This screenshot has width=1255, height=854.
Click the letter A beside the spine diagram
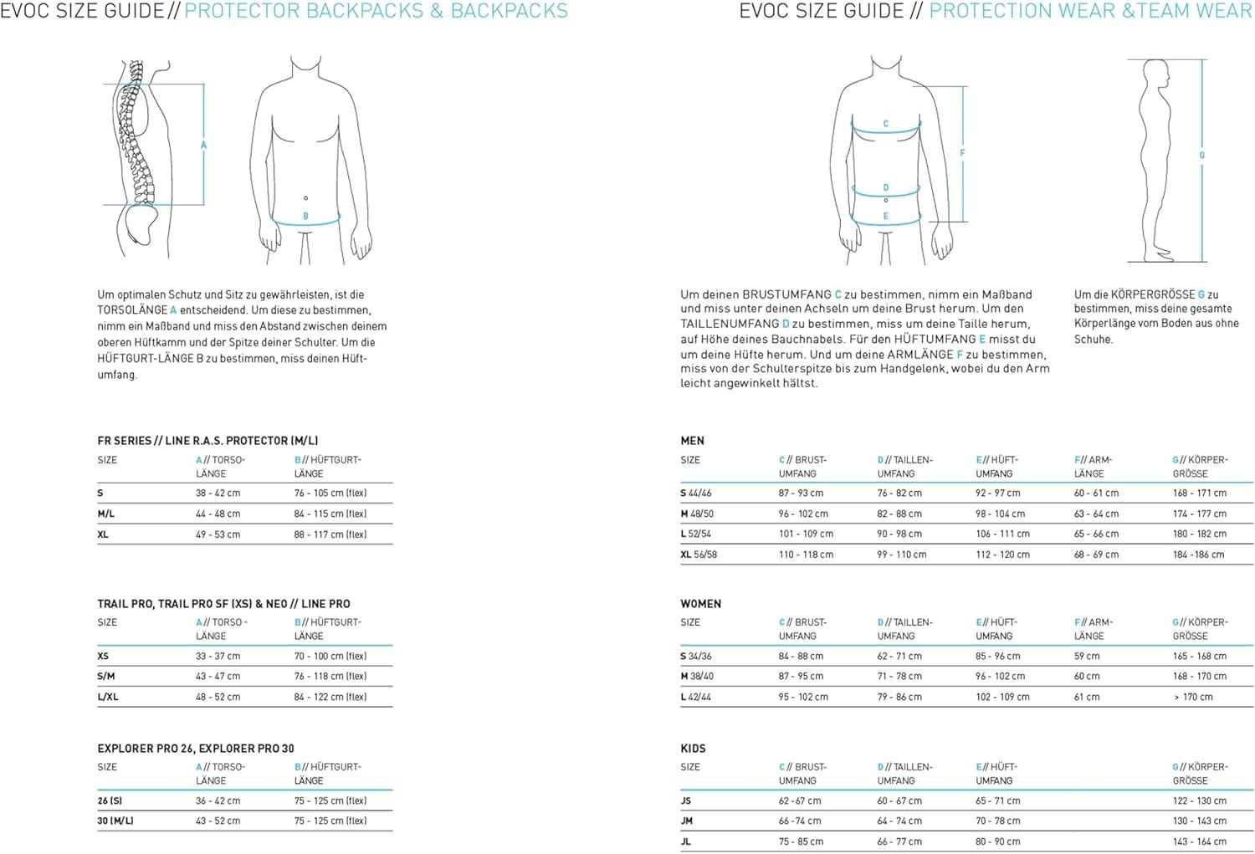click(203, 146)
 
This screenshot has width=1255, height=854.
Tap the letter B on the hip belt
click(305, 216)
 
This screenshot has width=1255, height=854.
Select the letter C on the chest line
click(886, 124)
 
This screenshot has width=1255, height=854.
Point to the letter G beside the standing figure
click(1202, 156)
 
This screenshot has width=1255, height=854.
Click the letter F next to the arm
click(962, 153)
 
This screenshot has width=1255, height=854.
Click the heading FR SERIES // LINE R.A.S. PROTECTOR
click(207, 441)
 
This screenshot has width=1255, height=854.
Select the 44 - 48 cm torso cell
click(218, 514)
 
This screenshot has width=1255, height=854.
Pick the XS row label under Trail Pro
click(103, 657)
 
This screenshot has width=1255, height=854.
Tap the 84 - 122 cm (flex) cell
click(330, 697)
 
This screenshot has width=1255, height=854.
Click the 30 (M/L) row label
click(115, 821)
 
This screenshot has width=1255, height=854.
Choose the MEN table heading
click(692, 441)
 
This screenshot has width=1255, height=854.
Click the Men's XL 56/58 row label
click(699, 555)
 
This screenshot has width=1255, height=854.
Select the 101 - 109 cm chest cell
click(806, 534)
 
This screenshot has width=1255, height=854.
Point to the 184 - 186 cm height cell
click(1198, 555)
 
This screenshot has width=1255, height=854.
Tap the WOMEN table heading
click(700, 604)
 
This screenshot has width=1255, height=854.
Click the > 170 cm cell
click(1193, 697)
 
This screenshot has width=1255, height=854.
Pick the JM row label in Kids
click(686, 821)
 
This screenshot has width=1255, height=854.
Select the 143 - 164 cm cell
click(1199, 841)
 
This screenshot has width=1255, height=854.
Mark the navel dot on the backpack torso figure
click(305, 198)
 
